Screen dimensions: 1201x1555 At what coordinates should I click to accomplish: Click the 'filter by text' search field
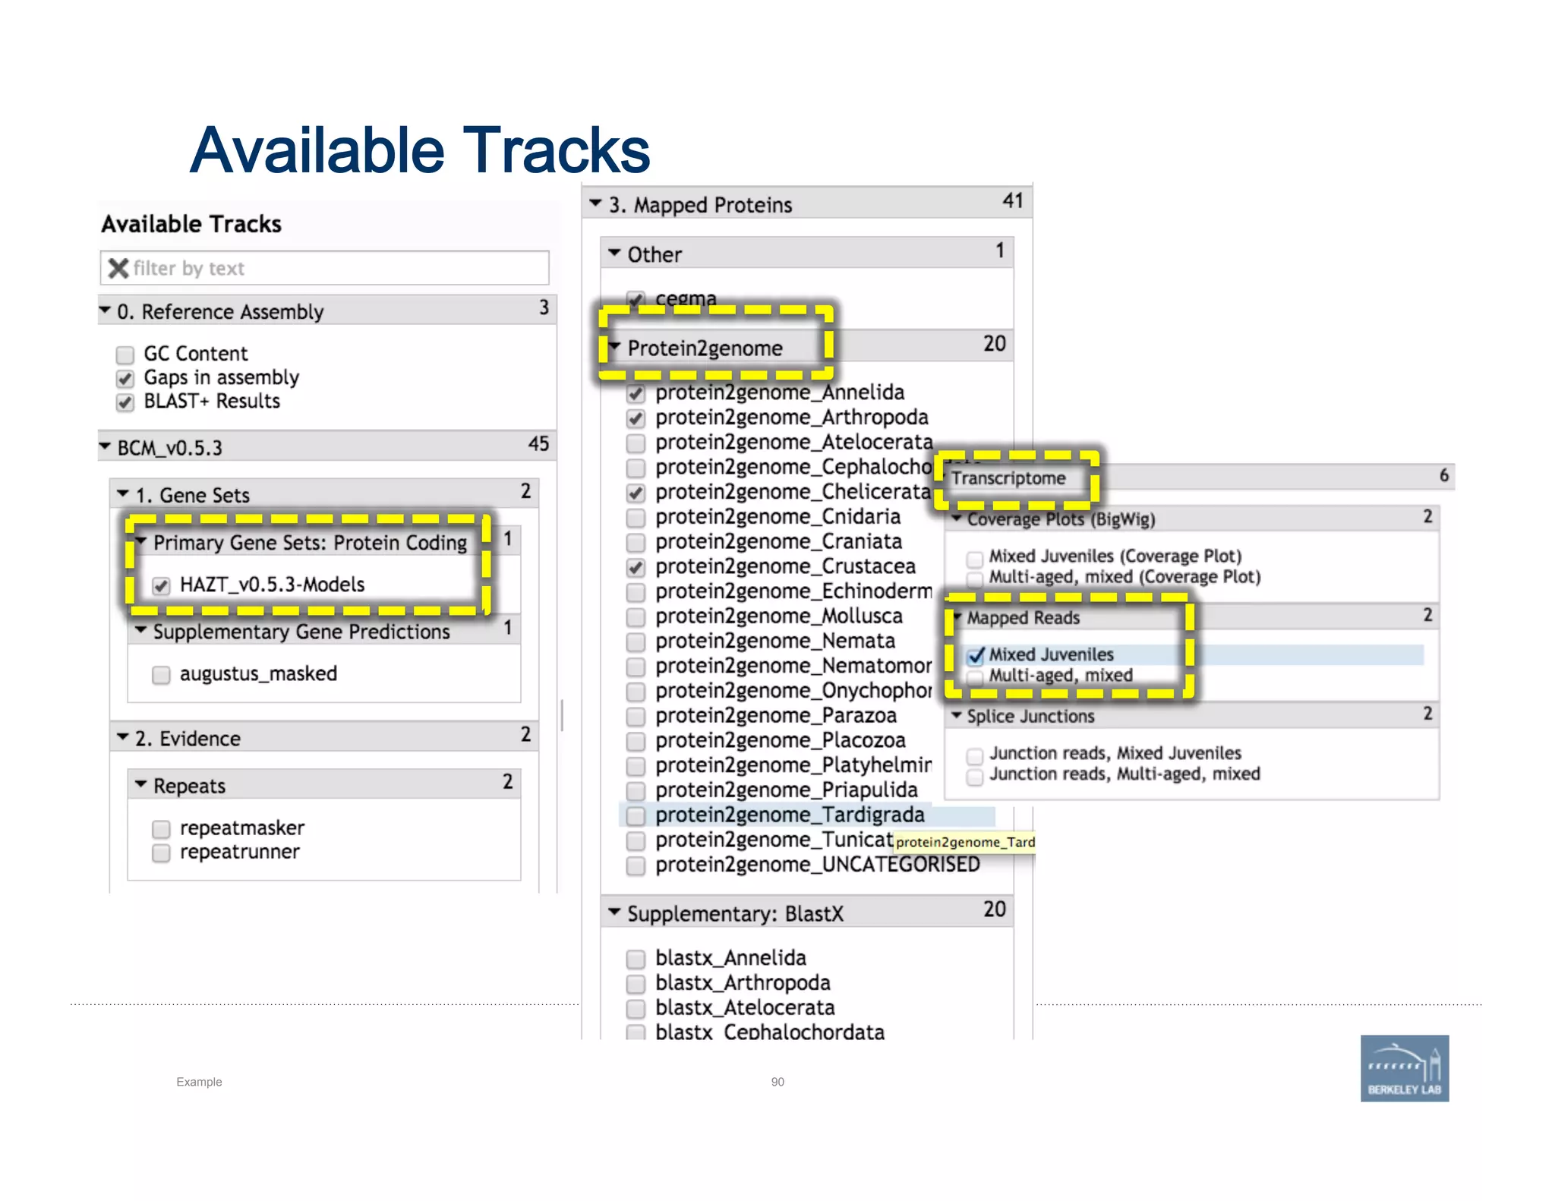334,268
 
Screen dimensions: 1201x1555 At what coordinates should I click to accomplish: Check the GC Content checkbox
125,355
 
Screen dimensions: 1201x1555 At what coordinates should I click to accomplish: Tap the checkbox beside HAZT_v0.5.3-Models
161,585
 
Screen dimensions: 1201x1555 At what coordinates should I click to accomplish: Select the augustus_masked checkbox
161,675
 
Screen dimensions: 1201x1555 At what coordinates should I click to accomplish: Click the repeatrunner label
239,852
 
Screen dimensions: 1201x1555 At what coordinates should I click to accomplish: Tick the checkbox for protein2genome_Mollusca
636,617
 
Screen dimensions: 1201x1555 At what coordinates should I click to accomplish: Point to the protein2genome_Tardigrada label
790,815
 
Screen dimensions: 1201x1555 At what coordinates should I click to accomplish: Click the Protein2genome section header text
705,348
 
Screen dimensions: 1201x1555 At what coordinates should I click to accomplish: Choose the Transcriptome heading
1008,478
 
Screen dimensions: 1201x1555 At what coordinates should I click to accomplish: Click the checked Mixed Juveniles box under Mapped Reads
976,656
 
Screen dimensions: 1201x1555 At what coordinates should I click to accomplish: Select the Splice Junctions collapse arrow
957,715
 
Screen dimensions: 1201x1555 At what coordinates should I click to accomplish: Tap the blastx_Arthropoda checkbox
636,984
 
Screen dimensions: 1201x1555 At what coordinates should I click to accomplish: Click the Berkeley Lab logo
1404,1067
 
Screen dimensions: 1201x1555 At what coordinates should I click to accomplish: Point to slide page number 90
777,1082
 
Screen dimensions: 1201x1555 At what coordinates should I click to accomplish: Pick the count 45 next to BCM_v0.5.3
538,444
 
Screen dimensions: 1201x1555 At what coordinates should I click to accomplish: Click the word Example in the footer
199,1082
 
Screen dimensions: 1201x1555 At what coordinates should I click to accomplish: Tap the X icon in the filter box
118,268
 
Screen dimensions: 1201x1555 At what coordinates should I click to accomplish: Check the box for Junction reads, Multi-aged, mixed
975,776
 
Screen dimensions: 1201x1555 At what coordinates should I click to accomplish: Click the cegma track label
686,298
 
